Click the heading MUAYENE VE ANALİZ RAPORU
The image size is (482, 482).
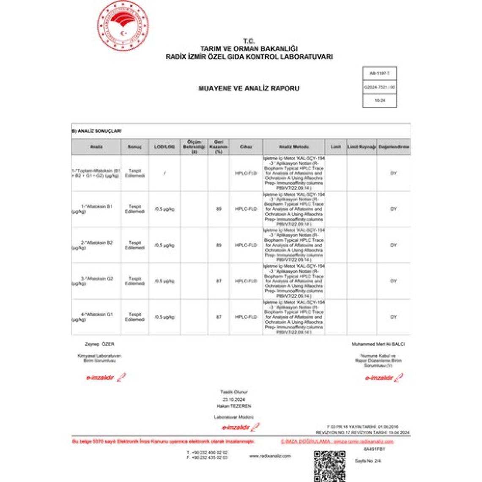249,88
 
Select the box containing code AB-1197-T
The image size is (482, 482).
379,74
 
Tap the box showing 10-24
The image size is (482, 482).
379,101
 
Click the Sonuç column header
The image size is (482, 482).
134,147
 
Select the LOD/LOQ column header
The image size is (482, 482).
164,147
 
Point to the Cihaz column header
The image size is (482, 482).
246,147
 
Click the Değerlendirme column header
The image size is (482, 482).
393,147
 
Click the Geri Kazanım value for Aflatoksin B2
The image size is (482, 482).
219,245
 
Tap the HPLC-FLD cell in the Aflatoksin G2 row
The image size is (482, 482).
246,281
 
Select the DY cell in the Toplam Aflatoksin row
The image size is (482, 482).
393,173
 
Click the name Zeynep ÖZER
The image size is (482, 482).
99,344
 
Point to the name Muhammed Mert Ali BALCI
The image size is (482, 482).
378,344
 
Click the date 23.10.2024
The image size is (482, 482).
233,399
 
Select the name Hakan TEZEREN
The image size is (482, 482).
233,406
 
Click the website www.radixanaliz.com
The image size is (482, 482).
270,456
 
